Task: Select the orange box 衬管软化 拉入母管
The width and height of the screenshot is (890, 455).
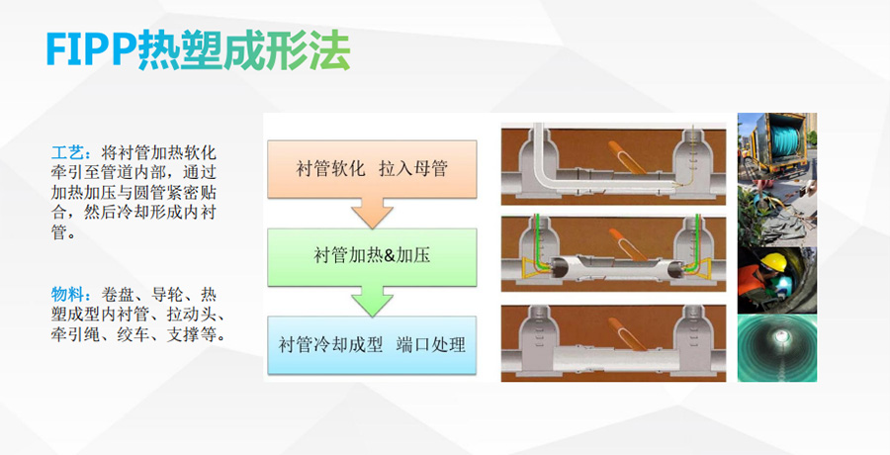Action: coord(372,167)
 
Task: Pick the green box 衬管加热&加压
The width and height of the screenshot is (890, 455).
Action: coord(372,256)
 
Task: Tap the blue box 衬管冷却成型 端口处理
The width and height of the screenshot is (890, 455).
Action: coord(372,345)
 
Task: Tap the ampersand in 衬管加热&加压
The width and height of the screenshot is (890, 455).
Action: coord(390,256)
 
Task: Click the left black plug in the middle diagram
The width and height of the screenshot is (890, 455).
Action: coord(560,268)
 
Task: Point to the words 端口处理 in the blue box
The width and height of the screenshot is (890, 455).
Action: coord(431,345)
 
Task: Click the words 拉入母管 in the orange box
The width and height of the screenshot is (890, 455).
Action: coord(413,167)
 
